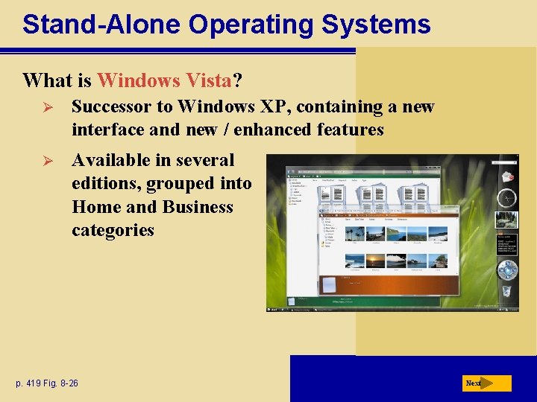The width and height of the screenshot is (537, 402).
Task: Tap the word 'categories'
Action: [113, 230]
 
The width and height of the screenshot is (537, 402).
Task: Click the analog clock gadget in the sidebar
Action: [506, 197]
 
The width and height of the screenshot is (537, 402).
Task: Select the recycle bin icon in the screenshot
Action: [506, 291]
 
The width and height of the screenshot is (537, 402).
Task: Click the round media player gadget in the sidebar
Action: [507, 269]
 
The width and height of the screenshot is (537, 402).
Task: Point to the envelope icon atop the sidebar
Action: [507, 176]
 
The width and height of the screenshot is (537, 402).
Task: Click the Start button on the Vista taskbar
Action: [274, 307]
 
